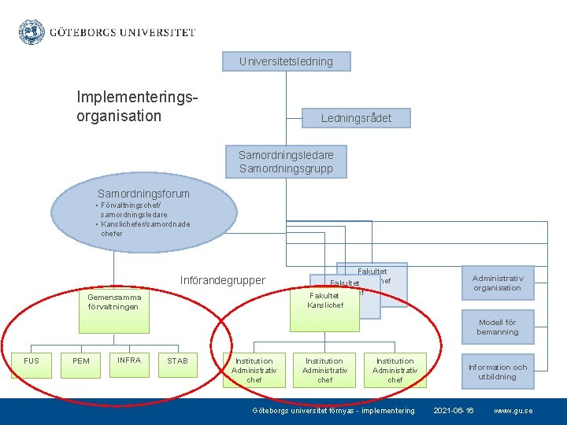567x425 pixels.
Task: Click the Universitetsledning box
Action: [x=286, y=61]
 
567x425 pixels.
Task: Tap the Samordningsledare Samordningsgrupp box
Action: [x=286, y=162]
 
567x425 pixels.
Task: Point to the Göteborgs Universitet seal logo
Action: [x=32, y=31]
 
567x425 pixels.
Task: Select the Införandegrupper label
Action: [x=223, y=280]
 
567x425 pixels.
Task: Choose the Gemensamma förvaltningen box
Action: [x=115, y=302]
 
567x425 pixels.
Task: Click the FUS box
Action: [x=31, y=361]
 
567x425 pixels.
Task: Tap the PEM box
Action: [x=81, y=361]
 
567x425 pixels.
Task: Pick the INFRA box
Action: [x=129, y=360]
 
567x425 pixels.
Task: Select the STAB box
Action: [x=178, y=361]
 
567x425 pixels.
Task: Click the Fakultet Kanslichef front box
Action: [x=325, y=301]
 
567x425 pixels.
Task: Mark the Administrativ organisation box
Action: [x=497, y=283]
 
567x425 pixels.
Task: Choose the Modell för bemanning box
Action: [x=497, y=327]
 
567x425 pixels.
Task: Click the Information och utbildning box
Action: [x=497, y=372]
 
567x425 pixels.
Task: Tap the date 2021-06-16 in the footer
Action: [x=454, y=411]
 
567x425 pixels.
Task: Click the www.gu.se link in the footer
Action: [x=513, y=411]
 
